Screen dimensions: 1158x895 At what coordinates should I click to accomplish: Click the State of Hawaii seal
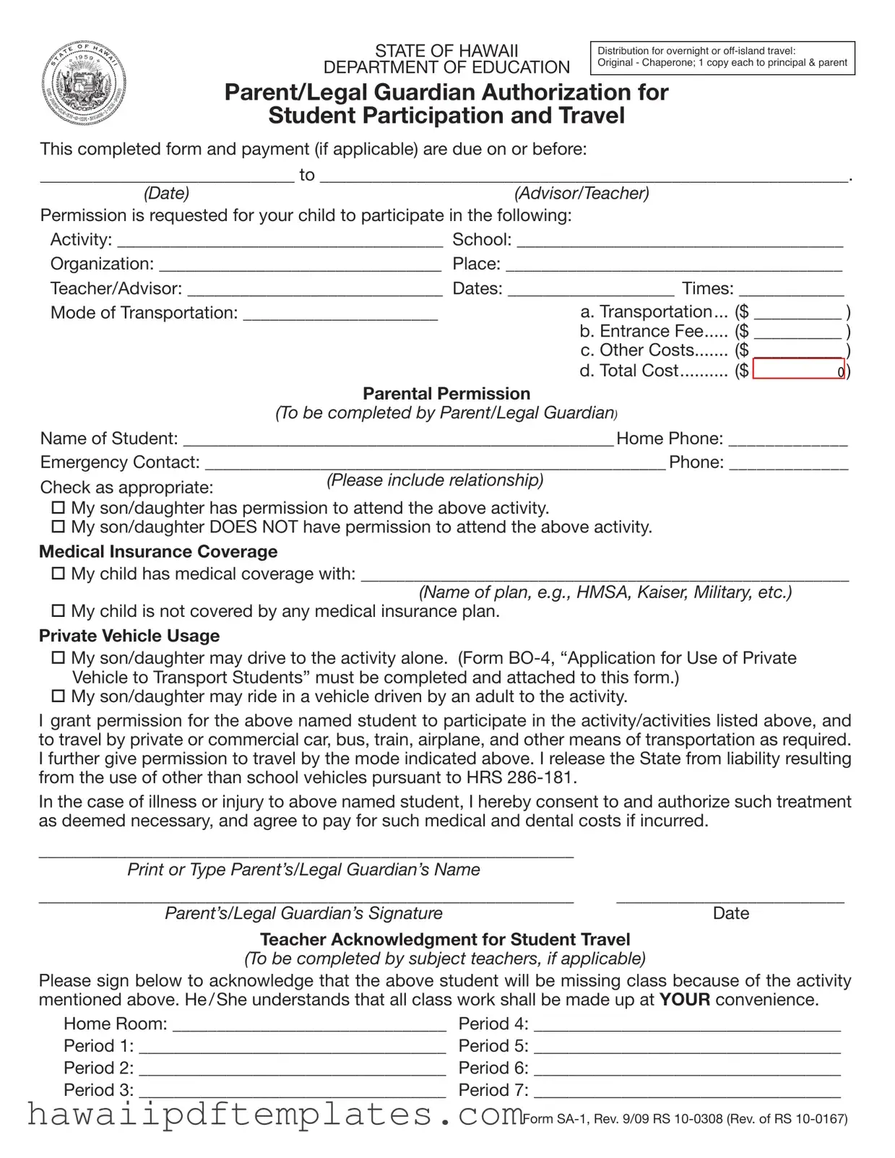(84, 84)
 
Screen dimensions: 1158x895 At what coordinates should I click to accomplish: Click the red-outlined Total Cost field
(798, 370)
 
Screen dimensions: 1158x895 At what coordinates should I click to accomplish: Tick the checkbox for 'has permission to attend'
(59, 508)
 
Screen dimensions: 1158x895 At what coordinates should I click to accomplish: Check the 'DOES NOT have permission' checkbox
(59, 527)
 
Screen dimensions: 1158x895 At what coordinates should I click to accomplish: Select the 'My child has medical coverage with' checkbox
(59, 574)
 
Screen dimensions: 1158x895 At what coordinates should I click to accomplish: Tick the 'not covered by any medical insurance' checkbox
(59, 611)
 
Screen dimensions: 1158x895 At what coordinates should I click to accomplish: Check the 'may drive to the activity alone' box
(59, 658)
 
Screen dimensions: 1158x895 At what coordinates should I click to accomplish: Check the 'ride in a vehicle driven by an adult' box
(59, 696)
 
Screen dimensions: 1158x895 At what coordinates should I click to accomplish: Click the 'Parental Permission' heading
(446, 394)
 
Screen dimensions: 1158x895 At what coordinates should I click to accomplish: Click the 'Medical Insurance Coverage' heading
(158, 552)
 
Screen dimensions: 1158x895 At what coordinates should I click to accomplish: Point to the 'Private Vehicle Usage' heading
(129, 636)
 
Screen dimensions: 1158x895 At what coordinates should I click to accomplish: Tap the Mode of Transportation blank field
(340, 314)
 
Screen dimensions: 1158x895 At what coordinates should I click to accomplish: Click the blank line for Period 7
(686, 1092)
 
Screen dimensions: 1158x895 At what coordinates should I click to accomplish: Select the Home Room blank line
(308, 1026)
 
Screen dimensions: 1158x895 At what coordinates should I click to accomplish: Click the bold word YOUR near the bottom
(684, 1000)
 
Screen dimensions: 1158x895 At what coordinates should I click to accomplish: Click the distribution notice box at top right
(722, 57)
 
